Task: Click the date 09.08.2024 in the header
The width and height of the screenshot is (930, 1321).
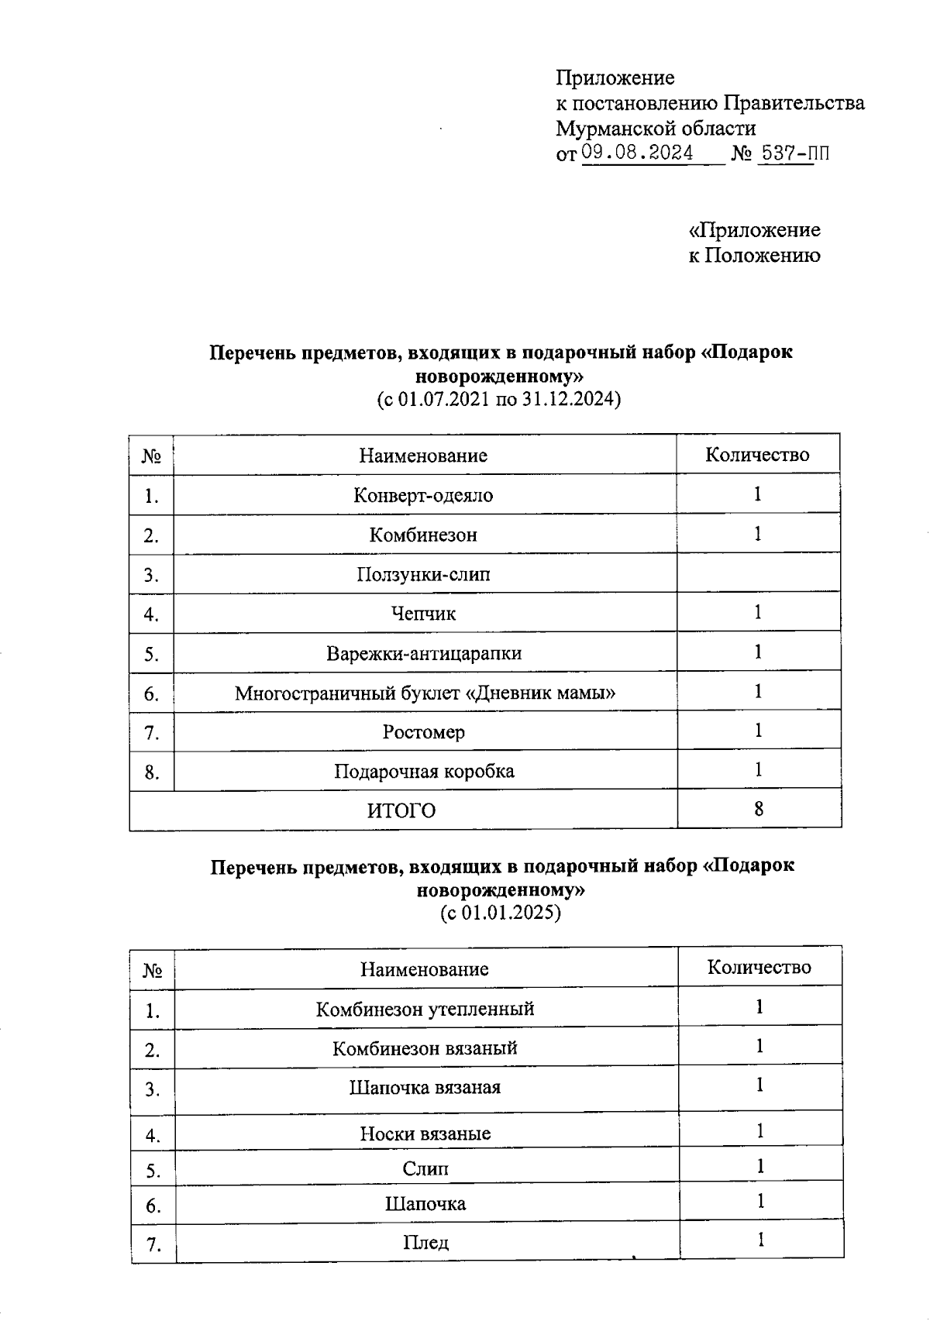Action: coord(637,153)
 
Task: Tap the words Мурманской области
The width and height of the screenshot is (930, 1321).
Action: coord(656,128)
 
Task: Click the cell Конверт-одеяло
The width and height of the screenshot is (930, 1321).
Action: coord(423,495)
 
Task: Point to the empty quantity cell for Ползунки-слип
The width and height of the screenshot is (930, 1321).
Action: coord(758,574)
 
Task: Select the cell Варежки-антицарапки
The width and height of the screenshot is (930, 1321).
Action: coord(423,653)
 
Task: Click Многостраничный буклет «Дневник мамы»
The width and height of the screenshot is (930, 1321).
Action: coord(425,693)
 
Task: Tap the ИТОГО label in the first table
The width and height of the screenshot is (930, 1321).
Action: coord(401,810)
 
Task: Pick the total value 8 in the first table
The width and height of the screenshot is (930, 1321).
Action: coord(758,810)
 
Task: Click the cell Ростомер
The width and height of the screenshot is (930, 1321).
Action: coord(423,732)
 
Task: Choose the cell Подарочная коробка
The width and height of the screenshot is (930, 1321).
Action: coord(424,772)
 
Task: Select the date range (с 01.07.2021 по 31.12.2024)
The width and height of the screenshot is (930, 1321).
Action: coord(499,401)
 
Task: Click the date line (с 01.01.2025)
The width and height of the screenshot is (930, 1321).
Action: coord(500,913)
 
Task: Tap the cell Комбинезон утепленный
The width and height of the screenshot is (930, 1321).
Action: coord(425,1010)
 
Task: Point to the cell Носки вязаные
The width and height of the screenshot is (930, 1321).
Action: coord(425,1134)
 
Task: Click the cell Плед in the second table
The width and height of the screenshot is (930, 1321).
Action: coord(425,1243)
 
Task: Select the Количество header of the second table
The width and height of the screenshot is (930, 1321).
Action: coord(759,968)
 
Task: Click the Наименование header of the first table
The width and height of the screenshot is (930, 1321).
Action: coord(423,456)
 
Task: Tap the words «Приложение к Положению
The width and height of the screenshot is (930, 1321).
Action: coord(754,243)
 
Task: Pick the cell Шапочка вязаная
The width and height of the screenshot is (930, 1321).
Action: coord(425,1088)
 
